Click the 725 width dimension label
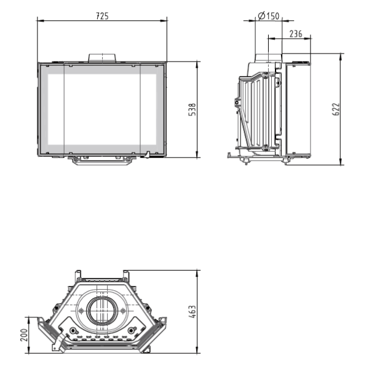(x=102, y=17)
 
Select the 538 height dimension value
(x=192, y=109)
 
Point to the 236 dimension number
(x=295, y=34)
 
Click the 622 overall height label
(x=336, y=109)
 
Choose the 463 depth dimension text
(x=192, y=312)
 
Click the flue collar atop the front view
(x=102, y=58)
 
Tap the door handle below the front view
(x=102, y=160)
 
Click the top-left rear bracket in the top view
(x=77, y=274)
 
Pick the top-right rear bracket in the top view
(x=126, y=274)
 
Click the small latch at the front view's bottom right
(x=148, y=154)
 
